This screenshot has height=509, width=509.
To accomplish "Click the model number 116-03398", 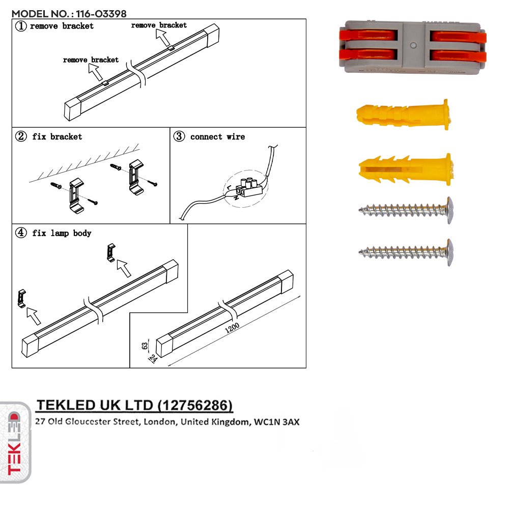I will click(101, 14).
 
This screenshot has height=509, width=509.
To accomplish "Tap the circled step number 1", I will click(20, 26).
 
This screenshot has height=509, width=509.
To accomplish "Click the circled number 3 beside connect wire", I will click(179, 136).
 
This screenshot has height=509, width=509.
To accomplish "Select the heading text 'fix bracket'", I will click(57, 136).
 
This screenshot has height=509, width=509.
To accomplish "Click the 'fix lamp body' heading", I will click(62, 233).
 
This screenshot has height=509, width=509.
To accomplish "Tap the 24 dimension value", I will click(152, 358).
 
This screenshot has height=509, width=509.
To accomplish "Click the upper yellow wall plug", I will click(402, 115).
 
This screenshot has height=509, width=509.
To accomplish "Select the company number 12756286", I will click(195, 405).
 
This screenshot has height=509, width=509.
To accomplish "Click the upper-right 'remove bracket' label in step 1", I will click(159, 25).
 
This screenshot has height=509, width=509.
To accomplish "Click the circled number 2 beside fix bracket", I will click(21, 136).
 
